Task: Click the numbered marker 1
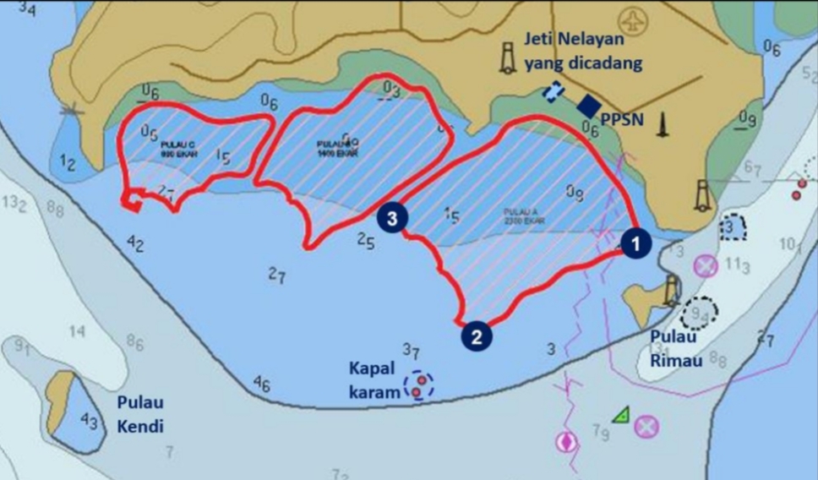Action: click(x=635, y=243)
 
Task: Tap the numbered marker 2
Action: click(x=477, y=336)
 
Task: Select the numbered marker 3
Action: click(x=392, y=217)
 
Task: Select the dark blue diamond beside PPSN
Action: click(x=587, y=106)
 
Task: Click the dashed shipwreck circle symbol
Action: click(x=418, y=386)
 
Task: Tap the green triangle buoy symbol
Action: click(x=622, y=414)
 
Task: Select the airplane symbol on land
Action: click(x=633, y=19)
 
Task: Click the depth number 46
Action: click(x=262, y=386)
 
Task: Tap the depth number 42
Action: click(x=135, y=245)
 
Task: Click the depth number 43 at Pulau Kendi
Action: click(x=89, y=420)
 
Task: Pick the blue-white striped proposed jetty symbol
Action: click(x=554, y=91)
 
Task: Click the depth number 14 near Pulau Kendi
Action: click(x=77, y=331)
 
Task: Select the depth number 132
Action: click(x=16, y=205)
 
